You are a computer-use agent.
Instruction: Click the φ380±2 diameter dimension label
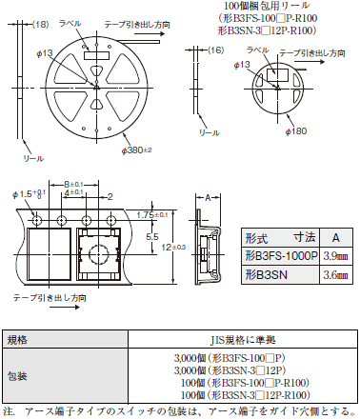[x=136, y=150]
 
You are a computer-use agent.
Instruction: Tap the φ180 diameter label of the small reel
[x=296, y=131]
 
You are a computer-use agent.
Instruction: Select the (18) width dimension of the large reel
[x=41, y=24]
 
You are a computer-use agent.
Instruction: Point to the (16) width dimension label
[x=216, y=50]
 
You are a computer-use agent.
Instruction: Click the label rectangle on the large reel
[x=96, y=55]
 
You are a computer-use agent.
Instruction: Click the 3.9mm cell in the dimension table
[x=335, y=256]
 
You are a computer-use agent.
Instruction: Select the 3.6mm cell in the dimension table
[x=335, y=274]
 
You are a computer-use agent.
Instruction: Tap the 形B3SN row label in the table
[x=266, y=274]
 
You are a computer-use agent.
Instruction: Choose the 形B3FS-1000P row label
[x=281, y=255]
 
